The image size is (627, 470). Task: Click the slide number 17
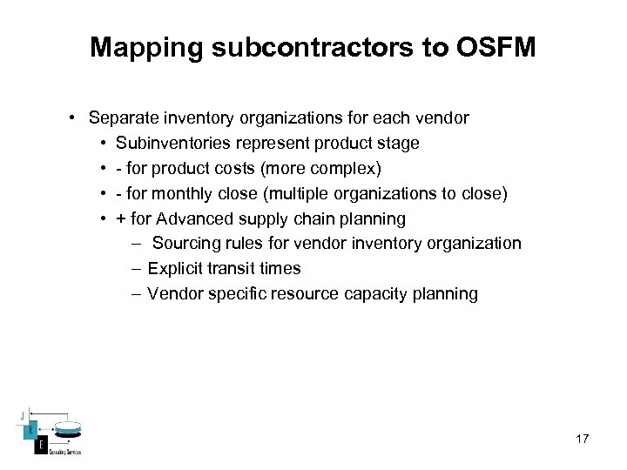(582, 439)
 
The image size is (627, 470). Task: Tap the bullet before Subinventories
(104, 143)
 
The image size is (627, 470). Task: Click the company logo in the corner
(50, 432)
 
